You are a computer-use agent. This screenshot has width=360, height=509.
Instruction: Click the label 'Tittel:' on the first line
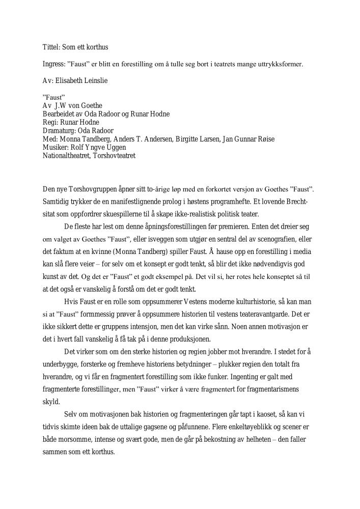click(51, 47)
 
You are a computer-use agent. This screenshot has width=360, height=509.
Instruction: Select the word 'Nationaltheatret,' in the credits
click(67, 155)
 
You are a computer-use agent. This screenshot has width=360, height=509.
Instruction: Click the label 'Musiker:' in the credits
click(55, 147)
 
